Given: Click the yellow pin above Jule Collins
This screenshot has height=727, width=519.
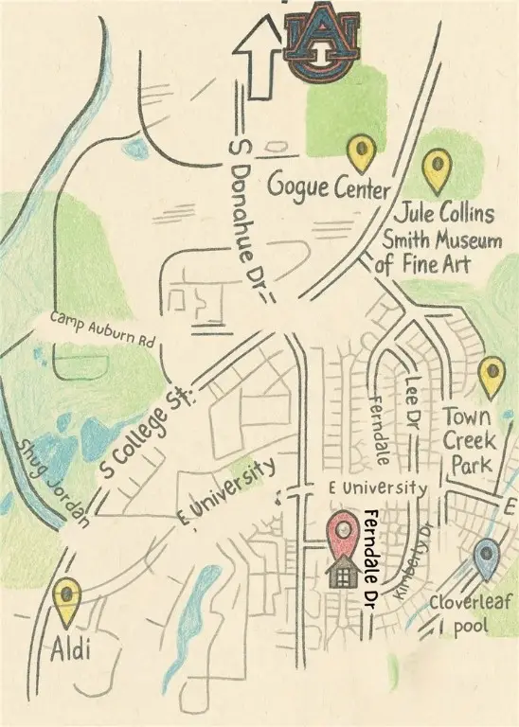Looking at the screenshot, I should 437,169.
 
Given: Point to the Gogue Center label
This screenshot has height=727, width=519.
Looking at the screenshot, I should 328,186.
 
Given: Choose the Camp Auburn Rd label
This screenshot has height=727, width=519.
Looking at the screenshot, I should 101,326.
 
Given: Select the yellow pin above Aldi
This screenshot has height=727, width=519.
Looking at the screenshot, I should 67,600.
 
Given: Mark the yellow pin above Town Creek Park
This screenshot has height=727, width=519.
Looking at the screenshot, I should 491,376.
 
